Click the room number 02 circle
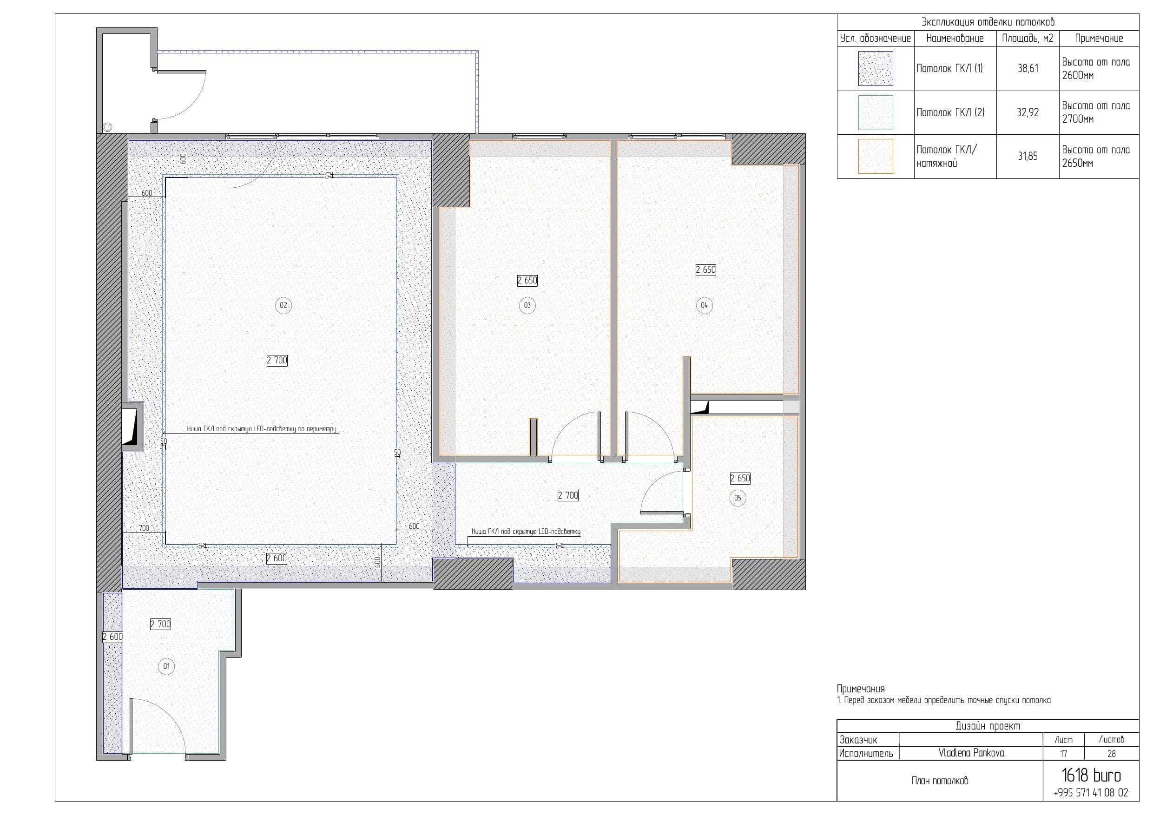coord(283,305)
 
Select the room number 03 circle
coord(527,305)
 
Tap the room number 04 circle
coord(704,305)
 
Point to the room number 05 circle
coord(737,498)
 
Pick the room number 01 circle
coord(166,666)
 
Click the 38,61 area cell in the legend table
coord(1028,69)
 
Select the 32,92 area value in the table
coord(1028,112)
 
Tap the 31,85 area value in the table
coord(1028,156)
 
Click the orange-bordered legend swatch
coord(875,156)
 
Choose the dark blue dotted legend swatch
coord(875,68)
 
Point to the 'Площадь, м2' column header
coord(1028,38)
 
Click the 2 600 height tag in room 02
coord(277,559)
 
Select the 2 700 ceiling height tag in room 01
coord(161,624)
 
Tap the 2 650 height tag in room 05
coord(740,479)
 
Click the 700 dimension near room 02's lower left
coord(144,528)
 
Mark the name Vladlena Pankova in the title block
coord(971,753)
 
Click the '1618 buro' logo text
coord(1091,776)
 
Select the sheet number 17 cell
coord(1063,754)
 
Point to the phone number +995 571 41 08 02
coord(1091,793)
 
